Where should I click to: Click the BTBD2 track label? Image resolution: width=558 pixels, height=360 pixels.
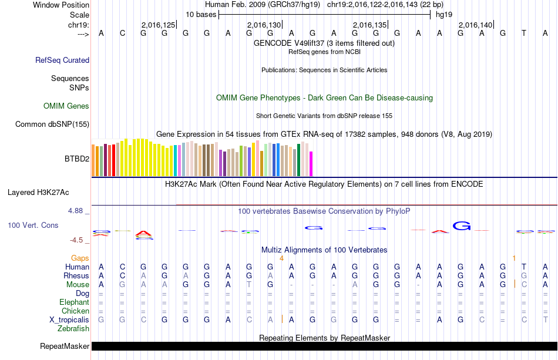coord(76,159)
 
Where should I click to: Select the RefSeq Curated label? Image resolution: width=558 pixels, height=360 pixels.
coord(62,60)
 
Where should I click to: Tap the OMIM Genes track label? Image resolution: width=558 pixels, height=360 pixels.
coord(66,106)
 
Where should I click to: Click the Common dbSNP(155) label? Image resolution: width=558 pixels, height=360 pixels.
coord(52,124)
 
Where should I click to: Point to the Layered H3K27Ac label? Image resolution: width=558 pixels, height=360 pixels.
coord(38,192)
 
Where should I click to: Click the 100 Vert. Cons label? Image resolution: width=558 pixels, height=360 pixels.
coord(33,225)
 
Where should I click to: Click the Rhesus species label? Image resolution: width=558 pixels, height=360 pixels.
coord(77,275)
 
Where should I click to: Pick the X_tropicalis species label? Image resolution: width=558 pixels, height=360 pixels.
coord(69,319)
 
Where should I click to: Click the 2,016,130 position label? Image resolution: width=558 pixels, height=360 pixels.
coord(264,25)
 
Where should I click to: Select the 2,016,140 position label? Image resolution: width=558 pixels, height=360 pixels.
coord(475,25)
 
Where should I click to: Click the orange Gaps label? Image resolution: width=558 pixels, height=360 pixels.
coord(80,258)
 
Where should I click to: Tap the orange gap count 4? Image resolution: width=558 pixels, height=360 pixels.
coord(281,258)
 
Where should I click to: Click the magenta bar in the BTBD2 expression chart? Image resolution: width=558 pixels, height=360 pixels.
coord(311,163)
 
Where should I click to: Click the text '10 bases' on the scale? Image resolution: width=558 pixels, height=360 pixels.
coord(201,14)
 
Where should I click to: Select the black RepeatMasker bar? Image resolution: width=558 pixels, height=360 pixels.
coord(324,346)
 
